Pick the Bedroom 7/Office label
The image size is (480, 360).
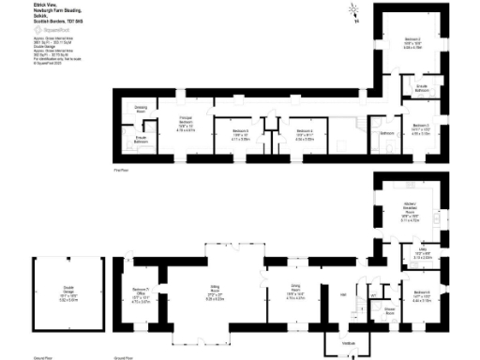click(x=141, y=293)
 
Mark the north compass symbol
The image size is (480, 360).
click(x=354, y=12)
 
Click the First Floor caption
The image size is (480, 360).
click(x=120, y=170)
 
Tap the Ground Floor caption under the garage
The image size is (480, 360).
click(x=41, y=357)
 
